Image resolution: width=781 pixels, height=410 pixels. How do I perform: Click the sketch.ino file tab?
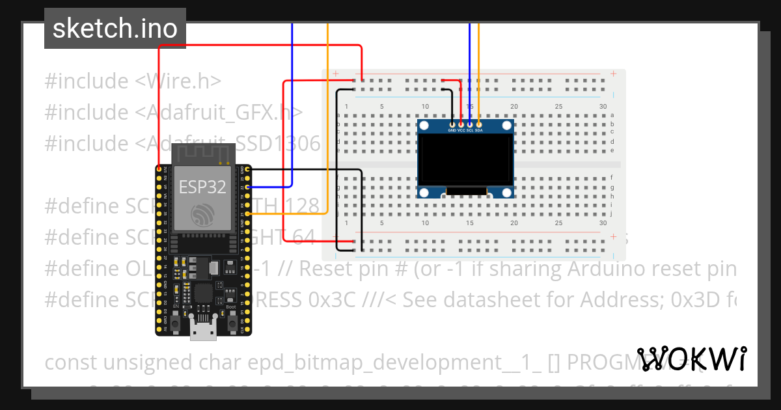point(115,29)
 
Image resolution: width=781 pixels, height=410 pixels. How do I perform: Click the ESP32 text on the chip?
point(202,187)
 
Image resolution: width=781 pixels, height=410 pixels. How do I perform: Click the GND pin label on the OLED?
point(452,130)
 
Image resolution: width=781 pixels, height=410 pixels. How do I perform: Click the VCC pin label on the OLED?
point(461,130)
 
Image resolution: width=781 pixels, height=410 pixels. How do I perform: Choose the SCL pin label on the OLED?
point(469,130)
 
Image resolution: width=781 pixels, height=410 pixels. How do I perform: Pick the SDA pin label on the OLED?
point(478,130)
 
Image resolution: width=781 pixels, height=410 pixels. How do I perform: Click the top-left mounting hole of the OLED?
point(424,125)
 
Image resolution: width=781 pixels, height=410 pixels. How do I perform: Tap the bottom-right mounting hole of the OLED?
point(506,192)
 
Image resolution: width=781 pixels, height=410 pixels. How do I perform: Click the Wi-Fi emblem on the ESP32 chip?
point(202,214)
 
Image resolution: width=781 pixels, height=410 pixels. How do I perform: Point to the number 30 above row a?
point(603,107)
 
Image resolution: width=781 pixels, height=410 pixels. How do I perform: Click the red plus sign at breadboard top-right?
point(613,74)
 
